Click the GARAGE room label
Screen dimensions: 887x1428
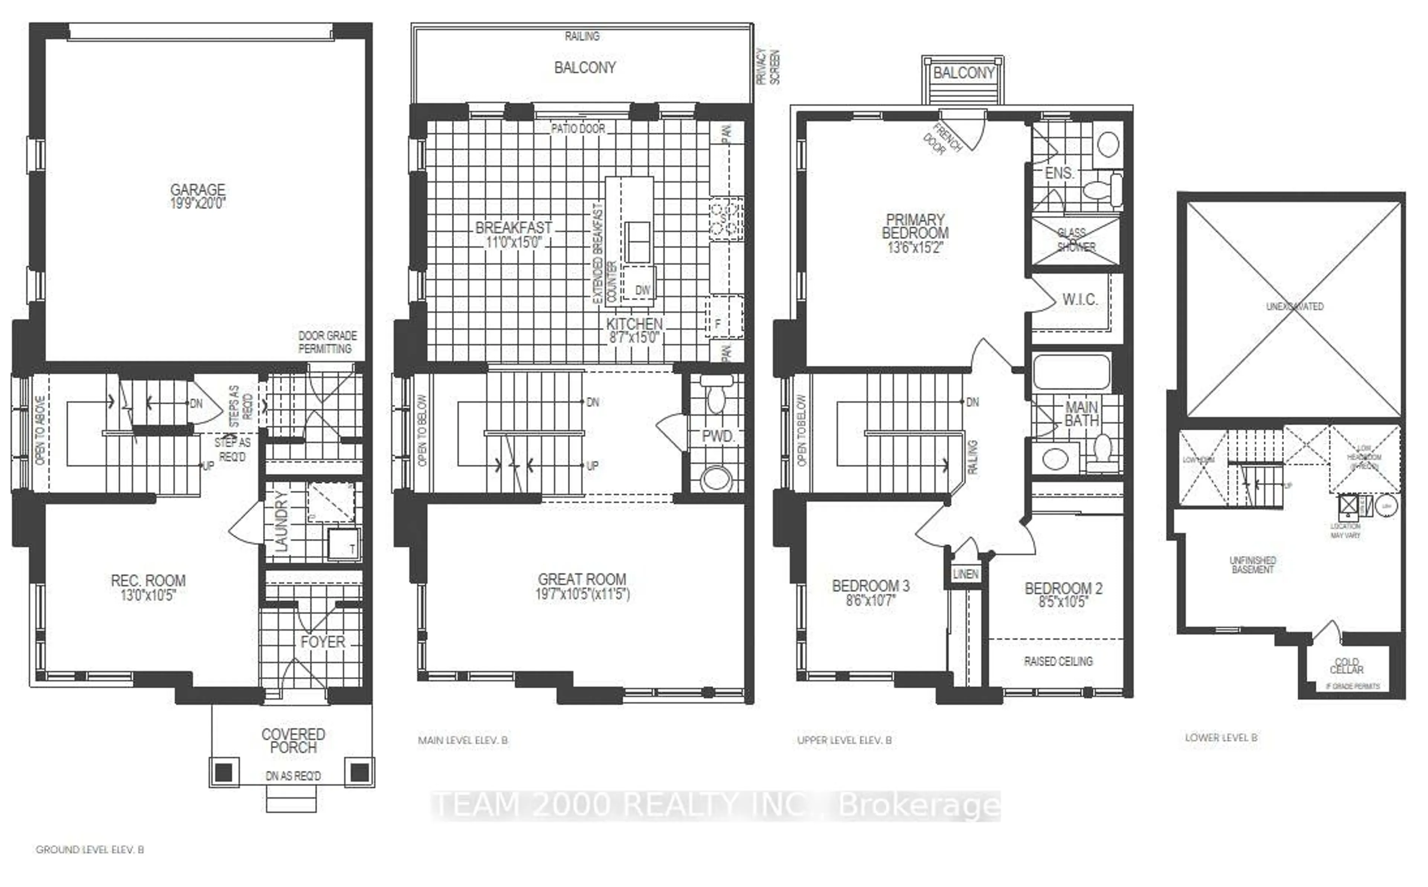[x=198, y=190]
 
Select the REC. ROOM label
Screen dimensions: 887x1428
[x=148, y=581]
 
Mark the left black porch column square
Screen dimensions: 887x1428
[x=223, y=772]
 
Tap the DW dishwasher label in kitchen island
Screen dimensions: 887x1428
[x=643, y=290]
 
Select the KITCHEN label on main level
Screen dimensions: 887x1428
[x=634, y=324]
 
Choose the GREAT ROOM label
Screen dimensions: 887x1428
[x=582, y=580]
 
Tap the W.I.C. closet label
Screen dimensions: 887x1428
[x=1080, y=300]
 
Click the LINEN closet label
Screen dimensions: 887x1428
[x=965, y=574]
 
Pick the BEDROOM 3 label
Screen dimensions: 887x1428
[x=871, y=586]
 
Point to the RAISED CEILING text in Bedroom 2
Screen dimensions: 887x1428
[x=1058, y=661]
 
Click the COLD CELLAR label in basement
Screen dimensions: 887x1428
[x=1347, y=666]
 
